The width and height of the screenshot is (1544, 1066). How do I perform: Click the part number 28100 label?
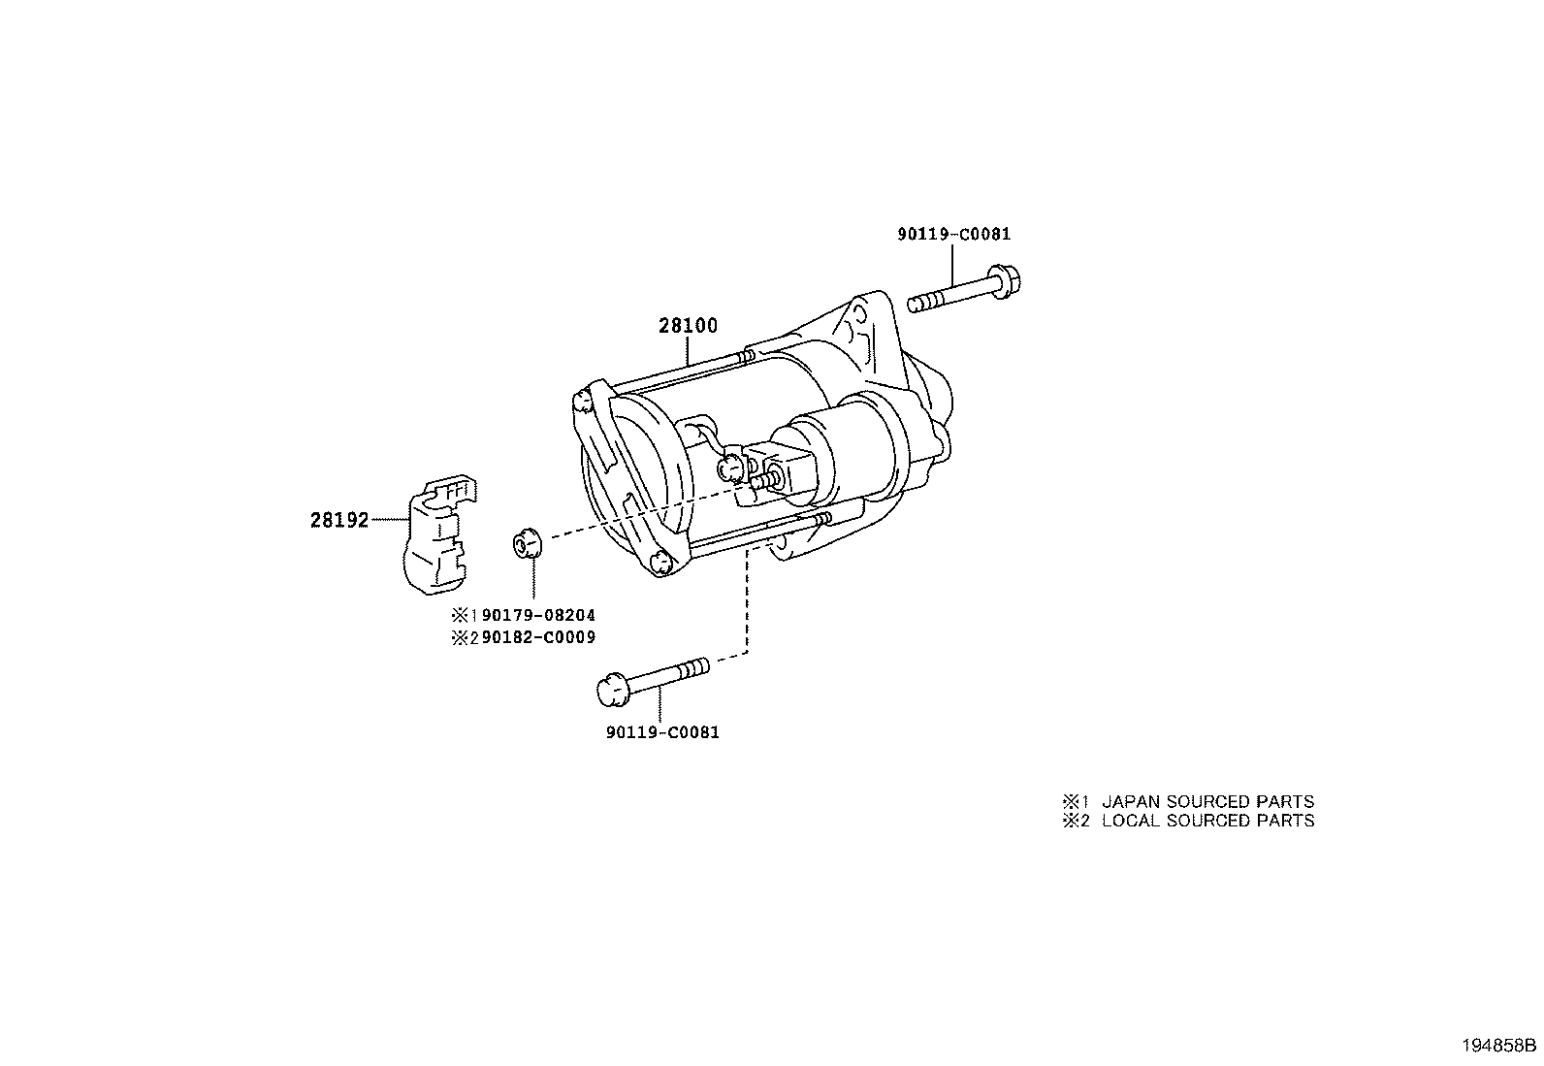(688, 326)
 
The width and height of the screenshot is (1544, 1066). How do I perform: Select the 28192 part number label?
(339, 520)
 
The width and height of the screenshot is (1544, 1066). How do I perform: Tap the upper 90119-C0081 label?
(954, 234)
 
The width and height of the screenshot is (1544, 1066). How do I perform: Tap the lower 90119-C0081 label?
(662, 732)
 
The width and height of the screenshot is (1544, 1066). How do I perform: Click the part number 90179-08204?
(538, 615)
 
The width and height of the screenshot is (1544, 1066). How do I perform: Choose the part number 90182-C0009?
(538, 637)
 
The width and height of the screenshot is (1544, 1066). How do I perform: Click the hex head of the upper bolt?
(1005, 281)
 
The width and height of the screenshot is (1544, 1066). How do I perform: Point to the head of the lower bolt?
(611, 690)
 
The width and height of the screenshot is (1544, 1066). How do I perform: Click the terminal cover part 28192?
(439, 535)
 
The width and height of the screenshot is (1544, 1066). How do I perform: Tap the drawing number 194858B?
(1500, 1046)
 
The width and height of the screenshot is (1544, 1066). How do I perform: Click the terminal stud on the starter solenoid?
(765, 480)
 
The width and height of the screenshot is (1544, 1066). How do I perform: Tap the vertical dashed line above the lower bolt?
(747, 598)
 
